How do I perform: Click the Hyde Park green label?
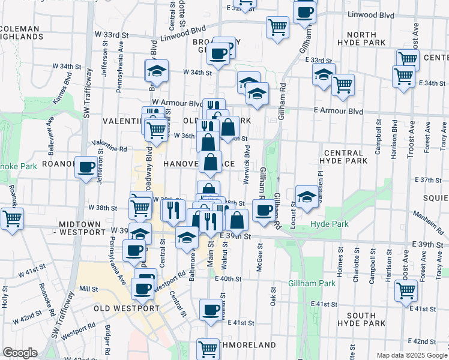(328, 224)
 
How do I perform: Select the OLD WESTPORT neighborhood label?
(126, 308)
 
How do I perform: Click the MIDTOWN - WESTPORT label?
(80, 227)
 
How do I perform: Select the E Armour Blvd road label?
(339, 111)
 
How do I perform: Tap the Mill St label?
(88, 289)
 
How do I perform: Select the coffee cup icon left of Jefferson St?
(86, 166)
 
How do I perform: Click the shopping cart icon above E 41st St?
(406, 290)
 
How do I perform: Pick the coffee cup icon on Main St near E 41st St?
(211, 310)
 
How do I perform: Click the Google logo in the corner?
(20, 353)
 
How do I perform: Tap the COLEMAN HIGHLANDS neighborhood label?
(22, 32)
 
